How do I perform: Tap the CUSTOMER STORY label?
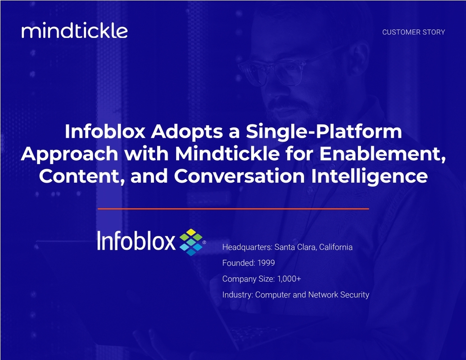[x=413, y=32]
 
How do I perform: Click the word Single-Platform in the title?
[x=324, y=131]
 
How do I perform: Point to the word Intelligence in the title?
[x=369, y=176]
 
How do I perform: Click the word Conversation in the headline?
[x=239, y=176]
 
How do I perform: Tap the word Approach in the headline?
[x=69, y=154]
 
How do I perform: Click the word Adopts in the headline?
[x=187, y=131]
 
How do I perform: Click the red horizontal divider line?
[x=233, y=209]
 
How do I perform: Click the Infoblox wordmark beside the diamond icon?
[x=136, y=241]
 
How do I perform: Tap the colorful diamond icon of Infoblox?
[x=191, y=242]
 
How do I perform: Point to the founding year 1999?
[x=266, y=263]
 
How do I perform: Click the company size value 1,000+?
[x=289, y=279]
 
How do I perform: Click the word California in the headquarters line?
[x=335, y=247]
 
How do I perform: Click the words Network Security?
[x=339, y=295]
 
